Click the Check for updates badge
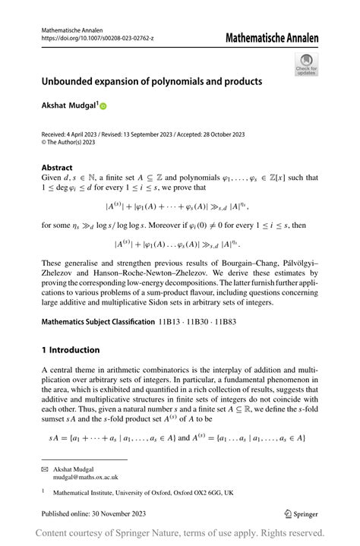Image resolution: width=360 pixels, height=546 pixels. tap(307, 64)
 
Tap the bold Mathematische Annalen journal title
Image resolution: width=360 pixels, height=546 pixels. tap(272, 38)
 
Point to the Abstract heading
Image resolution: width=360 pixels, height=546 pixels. tap(57, 168)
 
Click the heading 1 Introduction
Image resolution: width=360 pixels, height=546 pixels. tap(71, 350)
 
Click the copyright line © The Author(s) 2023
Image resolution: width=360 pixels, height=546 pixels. tap(68, 142)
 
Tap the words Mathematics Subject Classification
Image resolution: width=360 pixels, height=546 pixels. tap(97, 322)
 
